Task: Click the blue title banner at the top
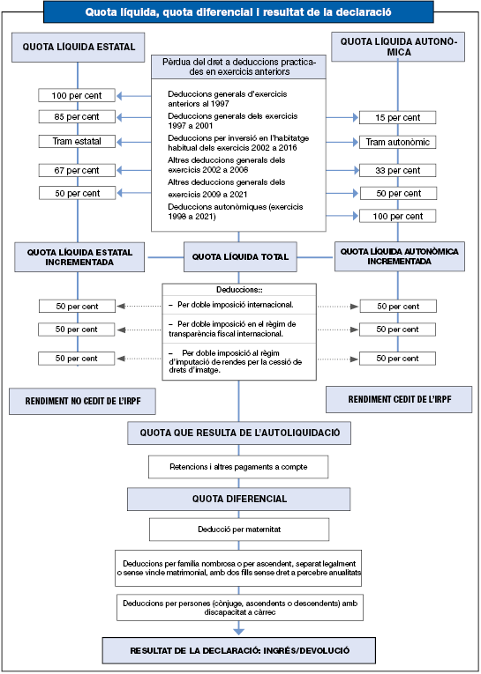pos(238,11)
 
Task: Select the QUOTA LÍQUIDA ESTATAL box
pos(78,47)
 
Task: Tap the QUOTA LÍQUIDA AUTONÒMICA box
pos(399,47)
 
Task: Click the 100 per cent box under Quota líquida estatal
pos(77,95)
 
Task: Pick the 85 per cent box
pos(77,116)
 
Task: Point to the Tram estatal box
pos(77,141)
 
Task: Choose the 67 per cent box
pos(77,170)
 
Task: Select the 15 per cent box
pos(397,117)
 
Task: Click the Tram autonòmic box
pos(397,142)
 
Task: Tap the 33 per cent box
pos(397,170)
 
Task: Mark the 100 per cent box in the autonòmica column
pos(397,216)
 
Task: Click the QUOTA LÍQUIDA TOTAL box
pos(240,257)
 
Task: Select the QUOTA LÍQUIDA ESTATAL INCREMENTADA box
pos(79,257)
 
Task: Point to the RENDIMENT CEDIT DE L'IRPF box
pos(399,399)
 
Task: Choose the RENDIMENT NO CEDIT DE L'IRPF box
pos(82,402)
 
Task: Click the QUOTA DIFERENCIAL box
pos(238,499)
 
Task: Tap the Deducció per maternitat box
pos(239,530)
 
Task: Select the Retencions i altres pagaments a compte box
pos(238,467)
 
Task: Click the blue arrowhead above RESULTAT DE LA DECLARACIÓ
pos(238,632)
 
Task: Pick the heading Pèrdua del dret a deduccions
pos(238,67)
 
